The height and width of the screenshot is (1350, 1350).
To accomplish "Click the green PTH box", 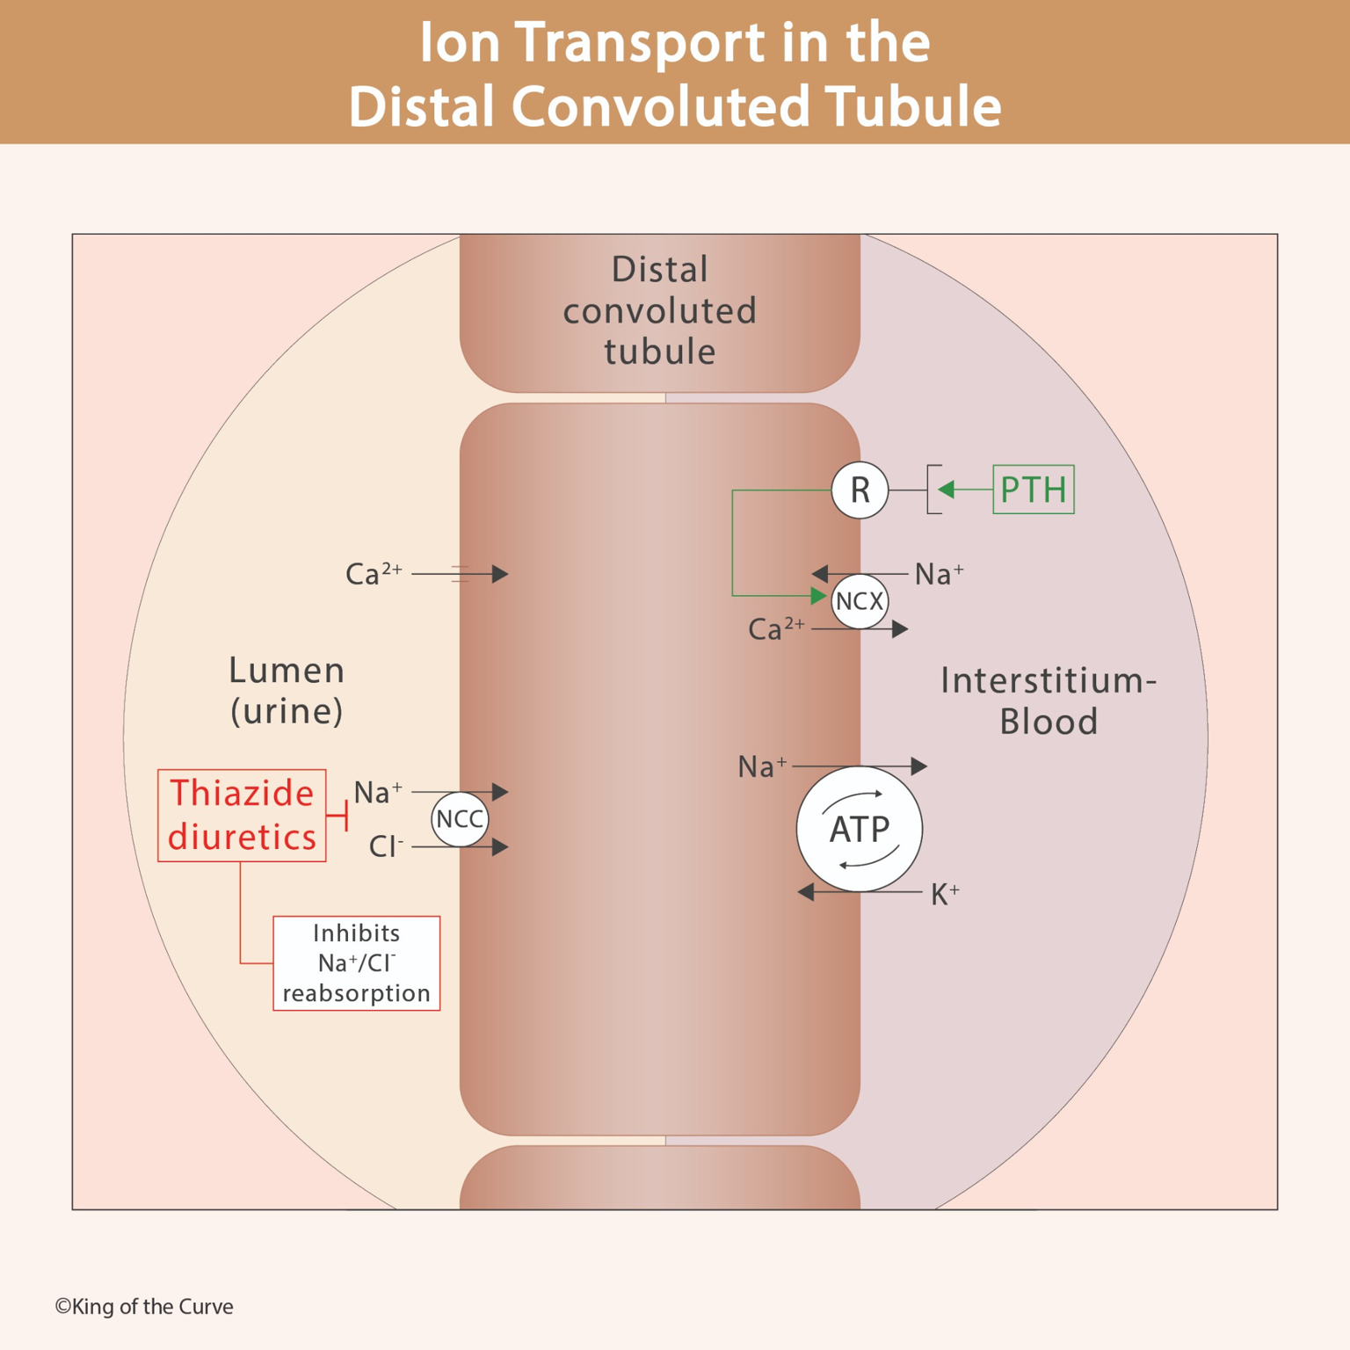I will pos(1033,490).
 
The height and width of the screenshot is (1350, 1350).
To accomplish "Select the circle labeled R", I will pos(860,490).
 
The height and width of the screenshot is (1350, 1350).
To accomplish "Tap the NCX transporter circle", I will pos(860,601).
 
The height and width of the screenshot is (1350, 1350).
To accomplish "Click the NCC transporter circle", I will pos(460,819).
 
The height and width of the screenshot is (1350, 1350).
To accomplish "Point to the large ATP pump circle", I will pos(860,829).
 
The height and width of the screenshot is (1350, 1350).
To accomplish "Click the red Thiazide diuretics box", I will pos(242,816).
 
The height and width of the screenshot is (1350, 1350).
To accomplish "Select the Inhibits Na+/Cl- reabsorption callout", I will pos(357,963).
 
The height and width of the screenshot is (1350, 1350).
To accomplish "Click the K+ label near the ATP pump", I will pos(945,895).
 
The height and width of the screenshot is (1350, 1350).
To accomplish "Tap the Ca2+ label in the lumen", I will pos(374,574).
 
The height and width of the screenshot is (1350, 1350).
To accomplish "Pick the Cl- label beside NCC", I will pos(386,846).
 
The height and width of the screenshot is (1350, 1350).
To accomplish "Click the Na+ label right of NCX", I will pos(939,574).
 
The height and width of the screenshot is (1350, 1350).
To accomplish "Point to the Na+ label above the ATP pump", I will pos(762,766).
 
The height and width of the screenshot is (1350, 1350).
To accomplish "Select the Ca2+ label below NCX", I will pos(775,629).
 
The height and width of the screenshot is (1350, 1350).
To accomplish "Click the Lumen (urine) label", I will pos(287,690).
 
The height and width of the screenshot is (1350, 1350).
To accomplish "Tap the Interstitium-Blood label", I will pos(1049,700).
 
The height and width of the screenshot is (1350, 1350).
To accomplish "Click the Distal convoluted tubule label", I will pos(659,310).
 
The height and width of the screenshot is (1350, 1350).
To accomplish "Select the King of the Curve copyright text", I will pos(144,1307).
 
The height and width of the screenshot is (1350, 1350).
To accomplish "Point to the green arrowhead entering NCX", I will pos(817,596).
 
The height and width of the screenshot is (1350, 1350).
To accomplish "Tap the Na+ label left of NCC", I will pos(378,792).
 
